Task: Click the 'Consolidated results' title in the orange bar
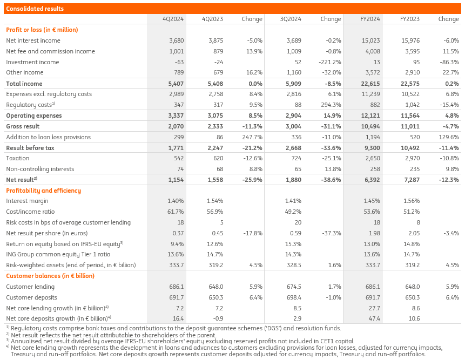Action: click(35, 9)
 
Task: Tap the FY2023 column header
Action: click(410, 19)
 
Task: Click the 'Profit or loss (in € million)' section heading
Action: click(42, 30)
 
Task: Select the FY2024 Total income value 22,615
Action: click(370, 84)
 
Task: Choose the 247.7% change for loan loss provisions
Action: click(252, 137)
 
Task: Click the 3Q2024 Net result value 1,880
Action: click(293, 180)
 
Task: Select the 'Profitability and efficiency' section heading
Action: click(43, 191)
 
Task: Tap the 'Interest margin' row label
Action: click(24, 201)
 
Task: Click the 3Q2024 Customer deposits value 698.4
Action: click(293, 297)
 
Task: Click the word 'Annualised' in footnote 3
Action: click(25, 341)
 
